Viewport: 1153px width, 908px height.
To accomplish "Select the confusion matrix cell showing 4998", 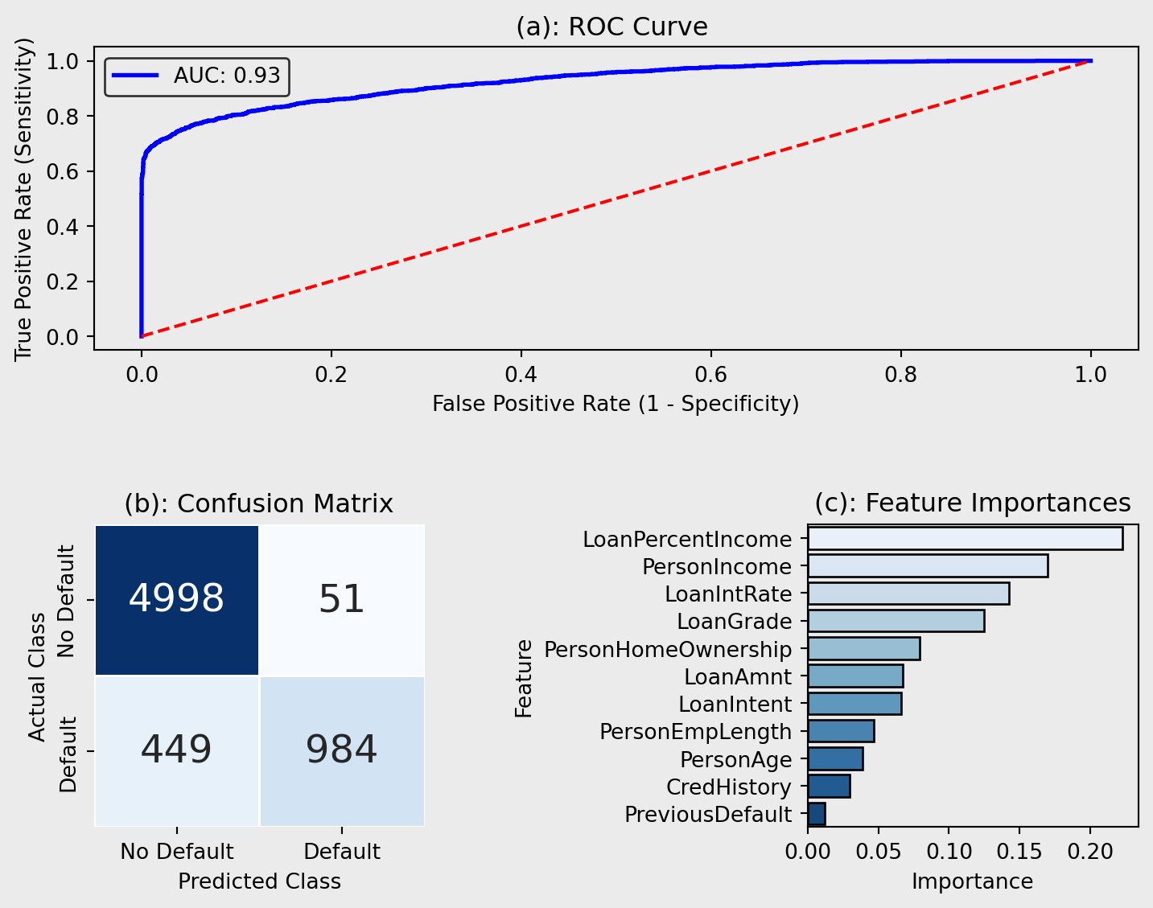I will pyautogui.click(x=177, y=599).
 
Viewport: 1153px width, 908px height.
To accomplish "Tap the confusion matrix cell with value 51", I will pyautogui.click(x=342, y=599).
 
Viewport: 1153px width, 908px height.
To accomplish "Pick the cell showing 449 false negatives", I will pyautogui.click(x=177, y=750).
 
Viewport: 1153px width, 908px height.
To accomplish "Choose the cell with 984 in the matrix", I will pyautogui.click(x=342, y=750).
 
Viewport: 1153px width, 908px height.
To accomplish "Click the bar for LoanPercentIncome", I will pyautogui.click(x=965, y=539).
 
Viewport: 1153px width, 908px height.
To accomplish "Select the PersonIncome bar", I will pyautogui.click(x=928, y=566).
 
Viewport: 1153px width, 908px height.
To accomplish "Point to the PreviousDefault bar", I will pyautogui.click(x=817, y=814).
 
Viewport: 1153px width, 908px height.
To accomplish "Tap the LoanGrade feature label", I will pyautogui.click(x=734, y=622).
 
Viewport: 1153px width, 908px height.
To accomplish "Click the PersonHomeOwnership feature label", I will pyautogui.click(x=668, y=649).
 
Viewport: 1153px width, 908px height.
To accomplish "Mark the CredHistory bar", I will pyautogui.click(x=829, y=787).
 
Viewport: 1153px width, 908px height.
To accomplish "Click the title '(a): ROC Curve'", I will pyautogui.click(x=612, y=27).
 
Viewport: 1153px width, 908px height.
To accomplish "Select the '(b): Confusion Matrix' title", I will pyautogui.click(x=258, y=503).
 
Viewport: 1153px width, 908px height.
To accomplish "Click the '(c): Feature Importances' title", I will pyautogui.click(x=972, y=503).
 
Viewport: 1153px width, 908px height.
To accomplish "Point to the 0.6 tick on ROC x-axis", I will pyautogui.click(x=711, y=374).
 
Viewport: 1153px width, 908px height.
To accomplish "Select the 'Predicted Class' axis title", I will pyautogui.click(x=259, y=881).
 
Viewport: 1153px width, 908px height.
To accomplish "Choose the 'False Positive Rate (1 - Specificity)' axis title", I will pyautogui.click(x=616, y=403).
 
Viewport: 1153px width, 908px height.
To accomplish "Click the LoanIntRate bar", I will pyautogui.click(x=908, y=594).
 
